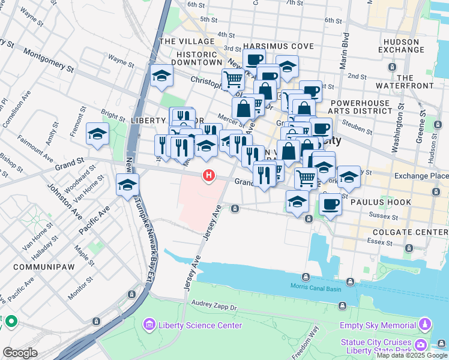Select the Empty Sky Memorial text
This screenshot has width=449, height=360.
378,325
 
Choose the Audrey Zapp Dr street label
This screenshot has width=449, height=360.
214,305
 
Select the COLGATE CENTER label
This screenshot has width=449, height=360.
410,232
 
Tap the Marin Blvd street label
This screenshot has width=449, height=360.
345,51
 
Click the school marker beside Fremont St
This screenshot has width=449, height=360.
97,134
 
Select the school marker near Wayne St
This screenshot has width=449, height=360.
161,76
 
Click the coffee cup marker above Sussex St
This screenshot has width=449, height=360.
330,204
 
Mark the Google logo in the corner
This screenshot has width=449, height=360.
20,353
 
